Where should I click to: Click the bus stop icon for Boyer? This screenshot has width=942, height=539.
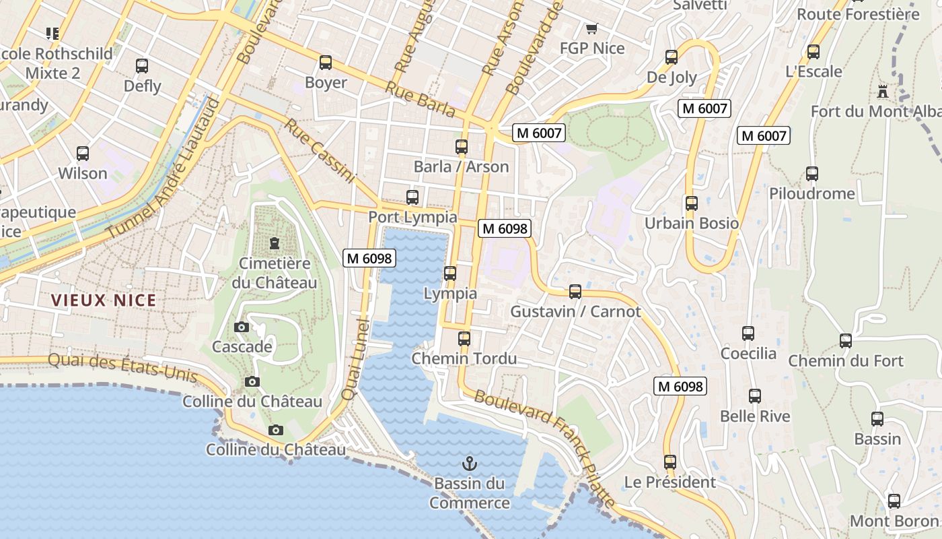click(x=326, y=63)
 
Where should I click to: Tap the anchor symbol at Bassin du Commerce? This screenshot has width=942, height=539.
click(x=470, y=464)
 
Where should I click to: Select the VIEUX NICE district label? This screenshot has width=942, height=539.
click(x=104, y=300)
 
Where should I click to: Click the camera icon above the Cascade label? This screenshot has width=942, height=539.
click(x=241, y=327)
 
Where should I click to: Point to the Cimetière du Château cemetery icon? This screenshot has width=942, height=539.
click(x=274, y=243)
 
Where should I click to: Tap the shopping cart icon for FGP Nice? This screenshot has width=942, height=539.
click(x=591, y=28)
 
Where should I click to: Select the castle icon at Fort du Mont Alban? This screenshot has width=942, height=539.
click(x=883, y=91)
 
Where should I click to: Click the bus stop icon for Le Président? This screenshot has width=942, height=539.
click(x=669, y=462)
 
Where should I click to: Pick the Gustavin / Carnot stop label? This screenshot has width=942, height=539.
click(x=575, y=312)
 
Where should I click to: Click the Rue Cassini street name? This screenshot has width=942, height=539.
click(x=319, y=151)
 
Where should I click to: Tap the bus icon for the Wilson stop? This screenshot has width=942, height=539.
click(x=83, y=154)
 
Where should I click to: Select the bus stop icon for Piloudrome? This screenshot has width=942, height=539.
click(x=812, y=174)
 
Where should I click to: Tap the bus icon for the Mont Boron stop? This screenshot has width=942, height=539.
click(x=894, y=501)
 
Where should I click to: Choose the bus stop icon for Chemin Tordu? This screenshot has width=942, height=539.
click(x=464, y=339)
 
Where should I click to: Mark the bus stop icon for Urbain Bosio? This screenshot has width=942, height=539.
click(x=691, y=203)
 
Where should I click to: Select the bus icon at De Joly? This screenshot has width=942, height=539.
click(x=671, y=57)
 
